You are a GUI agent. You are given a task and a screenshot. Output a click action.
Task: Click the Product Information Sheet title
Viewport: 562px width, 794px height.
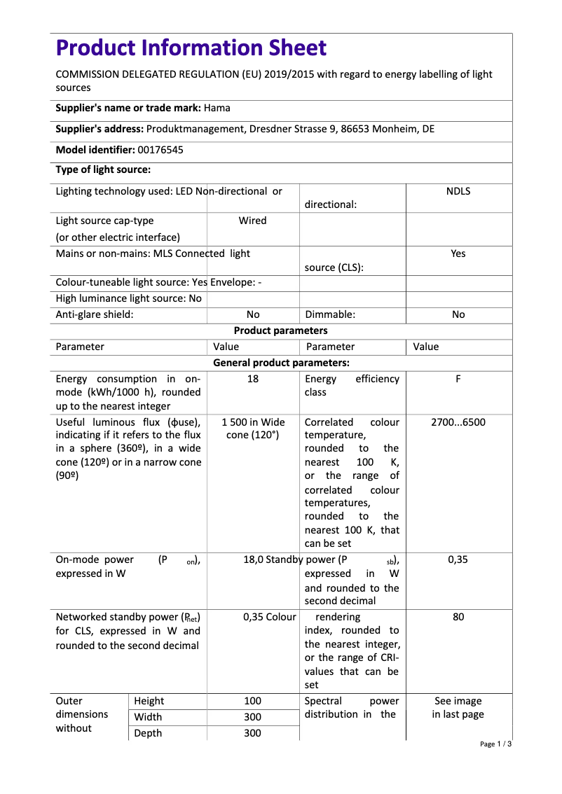(191, 48)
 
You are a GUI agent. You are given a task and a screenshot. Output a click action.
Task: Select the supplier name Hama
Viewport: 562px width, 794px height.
(217, 108)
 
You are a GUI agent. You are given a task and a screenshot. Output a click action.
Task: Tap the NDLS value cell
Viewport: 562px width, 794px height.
(458, 191)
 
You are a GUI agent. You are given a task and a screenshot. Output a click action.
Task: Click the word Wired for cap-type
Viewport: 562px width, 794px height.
(252, 221)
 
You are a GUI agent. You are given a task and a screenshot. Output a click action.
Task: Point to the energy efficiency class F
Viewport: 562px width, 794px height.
(458, 379)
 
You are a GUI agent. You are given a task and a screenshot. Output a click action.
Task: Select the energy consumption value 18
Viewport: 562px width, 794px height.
(253, 379)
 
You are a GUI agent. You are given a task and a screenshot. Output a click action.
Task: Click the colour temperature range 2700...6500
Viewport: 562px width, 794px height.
(458, 422)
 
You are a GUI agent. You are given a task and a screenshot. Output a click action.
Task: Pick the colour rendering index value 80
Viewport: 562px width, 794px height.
(458, 618)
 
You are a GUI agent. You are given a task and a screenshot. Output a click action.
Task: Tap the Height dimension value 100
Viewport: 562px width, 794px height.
(252, 701)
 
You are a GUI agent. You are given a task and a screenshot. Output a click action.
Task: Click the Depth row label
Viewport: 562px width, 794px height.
(147, 733)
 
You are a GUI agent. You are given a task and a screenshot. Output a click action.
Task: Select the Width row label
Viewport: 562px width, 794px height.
(147, 717)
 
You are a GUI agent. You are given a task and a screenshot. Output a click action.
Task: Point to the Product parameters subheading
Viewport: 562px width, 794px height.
(280, 330)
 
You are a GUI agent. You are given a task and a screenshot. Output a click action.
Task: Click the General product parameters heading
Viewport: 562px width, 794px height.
(280, 363)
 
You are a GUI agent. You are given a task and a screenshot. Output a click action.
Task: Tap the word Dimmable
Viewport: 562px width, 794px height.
(329, 314)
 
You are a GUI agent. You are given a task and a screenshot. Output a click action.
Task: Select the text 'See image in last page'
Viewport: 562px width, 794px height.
(458, 708)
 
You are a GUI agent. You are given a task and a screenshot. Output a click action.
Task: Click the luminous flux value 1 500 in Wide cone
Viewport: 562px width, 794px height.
(253, 429)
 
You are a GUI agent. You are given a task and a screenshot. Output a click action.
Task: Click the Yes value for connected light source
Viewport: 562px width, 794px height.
(458, 253)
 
